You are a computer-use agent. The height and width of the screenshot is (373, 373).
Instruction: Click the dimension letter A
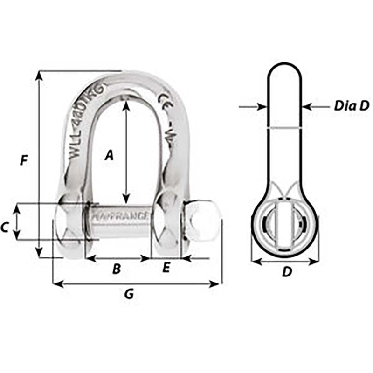pos(109,155)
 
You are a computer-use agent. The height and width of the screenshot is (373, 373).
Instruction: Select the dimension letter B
pos(117,269)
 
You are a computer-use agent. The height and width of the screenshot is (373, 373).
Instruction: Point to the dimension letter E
pos(166,268)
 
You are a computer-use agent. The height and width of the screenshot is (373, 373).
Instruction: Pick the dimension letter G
pos(130,294)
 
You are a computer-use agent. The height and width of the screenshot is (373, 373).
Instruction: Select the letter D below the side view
pos(287,272)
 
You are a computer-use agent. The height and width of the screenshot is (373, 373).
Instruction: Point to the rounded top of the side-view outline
pos(284,65)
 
